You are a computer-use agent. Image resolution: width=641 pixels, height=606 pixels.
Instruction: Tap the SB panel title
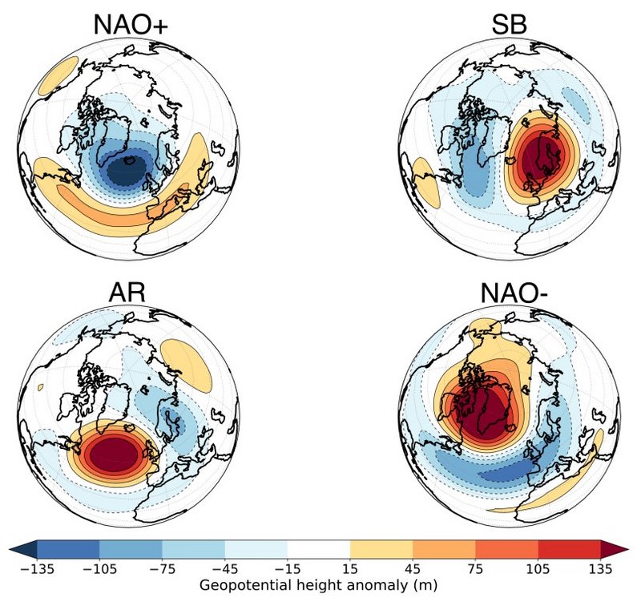click(509, 26)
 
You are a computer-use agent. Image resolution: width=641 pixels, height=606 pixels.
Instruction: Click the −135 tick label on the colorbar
click(36, 569)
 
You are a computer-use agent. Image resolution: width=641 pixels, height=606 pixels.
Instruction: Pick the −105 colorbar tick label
click(99, 569)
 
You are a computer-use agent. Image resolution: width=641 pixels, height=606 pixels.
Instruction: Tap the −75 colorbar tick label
click(162, 569)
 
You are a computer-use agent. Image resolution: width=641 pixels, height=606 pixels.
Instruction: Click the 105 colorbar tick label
click(538, 569)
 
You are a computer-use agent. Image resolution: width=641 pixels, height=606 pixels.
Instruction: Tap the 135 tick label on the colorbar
click(601, 569)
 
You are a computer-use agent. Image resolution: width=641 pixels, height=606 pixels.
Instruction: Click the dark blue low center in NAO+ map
click(126, 170)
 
